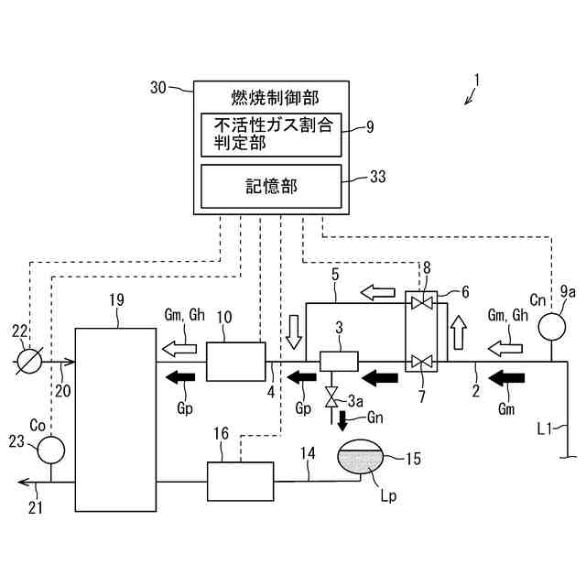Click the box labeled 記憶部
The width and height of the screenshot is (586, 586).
[271, 186]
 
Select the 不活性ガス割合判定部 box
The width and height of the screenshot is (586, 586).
[271, 135]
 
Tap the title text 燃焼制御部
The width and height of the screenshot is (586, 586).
[275, 98]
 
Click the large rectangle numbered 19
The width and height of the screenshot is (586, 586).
[116, 419]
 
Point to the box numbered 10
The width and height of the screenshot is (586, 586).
[236, 362]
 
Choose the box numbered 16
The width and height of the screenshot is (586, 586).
[240, 482]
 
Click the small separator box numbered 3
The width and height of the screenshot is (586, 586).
[339, 361]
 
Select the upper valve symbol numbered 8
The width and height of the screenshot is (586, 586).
[421, 302]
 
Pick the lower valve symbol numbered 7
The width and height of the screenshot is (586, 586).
[421, 362]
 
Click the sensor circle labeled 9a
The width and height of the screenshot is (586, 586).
[551, 327]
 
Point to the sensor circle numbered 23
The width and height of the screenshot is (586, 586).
[51, 450]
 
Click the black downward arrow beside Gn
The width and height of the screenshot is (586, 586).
[342, 421]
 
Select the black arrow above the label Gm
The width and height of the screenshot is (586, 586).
[506, 378]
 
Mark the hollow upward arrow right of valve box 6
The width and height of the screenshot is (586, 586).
[458, 332]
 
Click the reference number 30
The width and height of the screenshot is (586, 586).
[157, 88]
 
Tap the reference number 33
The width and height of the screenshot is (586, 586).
[378, 177]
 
